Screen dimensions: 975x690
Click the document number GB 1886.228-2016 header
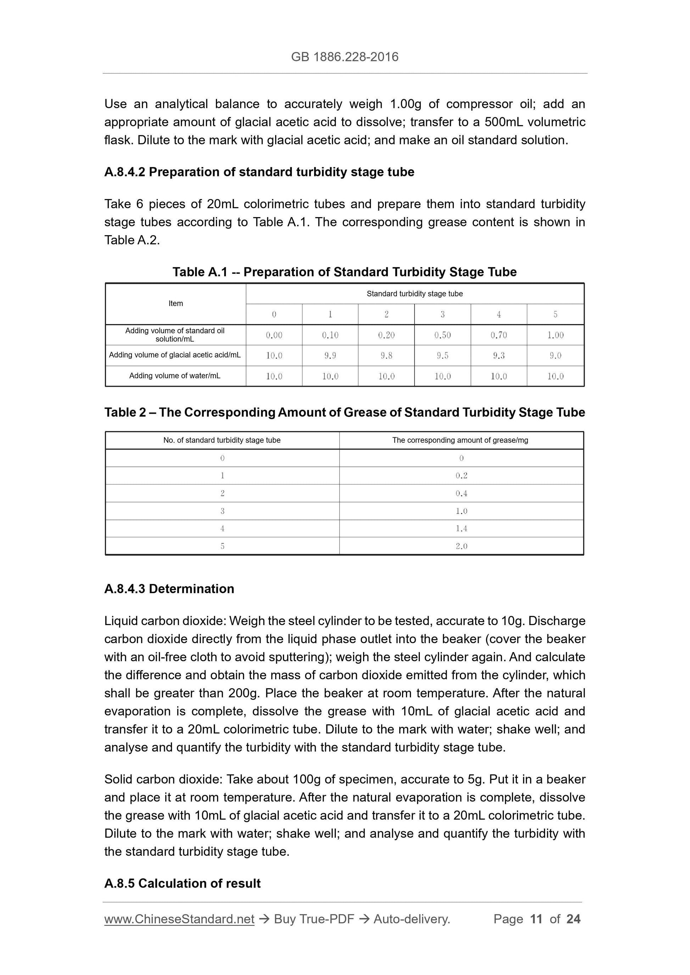click(344, 57)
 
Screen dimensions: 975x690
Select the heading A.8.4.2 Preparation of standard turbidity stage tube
click(259, 172)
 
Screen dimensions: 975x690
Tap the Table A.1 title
click(344, 272)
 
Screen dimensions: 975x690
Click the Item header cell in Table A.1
click(176, 304)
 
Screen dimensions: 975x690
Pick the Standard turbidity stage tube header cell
click(414, 294)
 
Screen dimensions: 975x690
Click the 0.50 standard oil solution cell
click(442, 335)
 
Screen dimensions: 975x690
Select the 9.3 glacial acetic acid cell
click(499, 356)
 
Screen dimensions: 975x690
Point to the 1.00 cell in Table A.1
click(555, 335)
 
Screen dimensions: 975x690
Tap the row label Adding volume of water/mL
click(175, 376)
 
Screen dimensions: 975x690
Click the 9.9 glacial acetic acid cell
click(330, 356)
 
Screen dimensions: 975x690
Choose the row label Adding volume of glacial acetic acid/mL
click(175, 355)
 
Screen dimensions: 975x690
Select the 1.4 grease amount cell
click(461, 529)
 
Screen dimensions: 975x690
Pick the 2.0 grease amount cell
click(461, 546)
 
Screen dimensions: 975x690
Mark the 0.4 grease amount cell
click(461, 493)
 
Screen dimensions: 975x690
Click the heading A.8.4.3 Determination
click(169, 589)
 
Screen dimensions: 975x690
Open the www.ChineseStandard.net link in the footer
click(179, 919)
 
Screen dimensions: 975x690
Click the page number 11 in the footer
click(536, 919)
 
